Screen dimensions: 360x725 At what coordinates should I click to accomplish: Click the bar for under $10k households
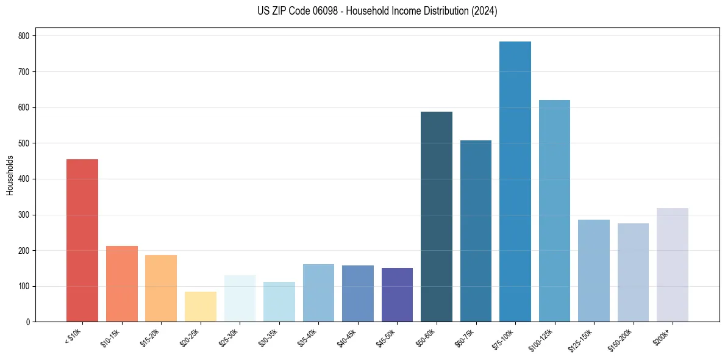tap(82, 240)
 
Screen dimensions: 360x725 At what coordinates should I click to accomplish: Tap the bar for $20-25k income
tap(201, 307)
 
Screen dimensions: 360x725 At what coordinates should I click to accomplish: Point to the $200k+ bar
tap(673, 265)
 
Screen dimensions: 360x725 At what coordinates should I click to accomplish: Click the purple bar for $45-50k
tap(397, 295)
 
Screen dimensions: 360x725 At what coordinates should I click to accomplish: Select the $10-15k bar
tap(122, 284)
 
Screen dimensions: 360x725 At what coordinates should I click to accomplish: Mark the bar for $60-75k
tap(476, 231)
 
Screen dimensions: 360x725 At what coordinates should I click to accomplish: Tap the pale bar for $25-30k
tap(240, 298)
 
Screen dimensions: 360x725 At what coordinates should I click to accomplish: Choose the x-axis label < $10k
tap(74, 336)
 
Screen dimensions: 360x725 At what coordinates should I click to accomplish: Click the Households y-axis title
tap(10, 175)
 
